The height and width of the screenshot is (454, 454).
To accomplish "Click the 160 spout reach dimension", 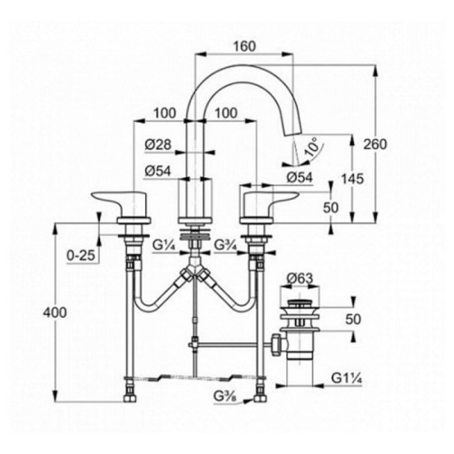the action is (244, 46).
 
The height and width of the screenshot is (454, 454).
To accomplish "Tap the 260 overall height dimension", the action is (375, 144).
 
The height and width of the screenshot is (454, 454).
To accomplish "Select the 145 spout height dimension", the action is (352, 179).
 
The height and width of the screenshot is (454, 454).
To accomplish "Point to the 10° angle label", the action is (312, 146).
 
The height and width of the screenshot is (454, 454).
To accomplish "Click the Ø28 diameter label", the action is (158, 144).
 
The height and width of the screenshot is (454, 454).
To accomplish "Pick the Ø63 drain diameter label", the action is (300, 278).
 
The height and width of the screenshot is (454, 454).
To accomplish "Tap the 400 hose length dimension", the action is (54, 312).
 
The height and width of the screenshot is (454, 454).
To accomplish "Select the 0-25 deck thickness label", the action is (81, 256).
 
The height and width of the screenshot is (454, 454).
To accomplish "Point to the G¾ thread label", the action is (226, 245).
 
